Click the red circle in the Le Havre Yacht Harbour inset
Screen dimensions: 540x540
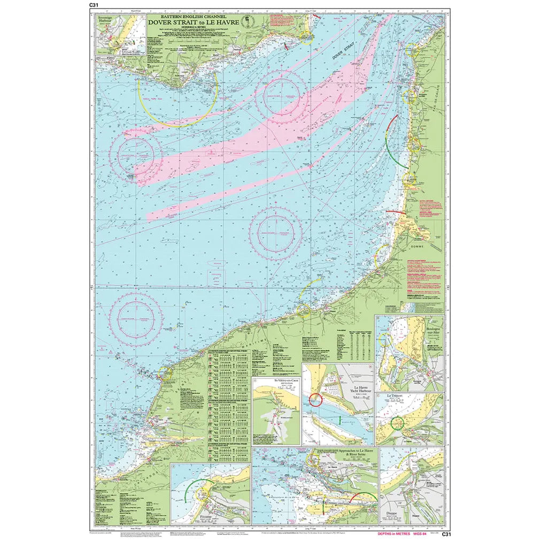click(315, 399)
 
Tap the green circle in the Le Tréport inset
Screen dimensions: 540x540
click(397, 423)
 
